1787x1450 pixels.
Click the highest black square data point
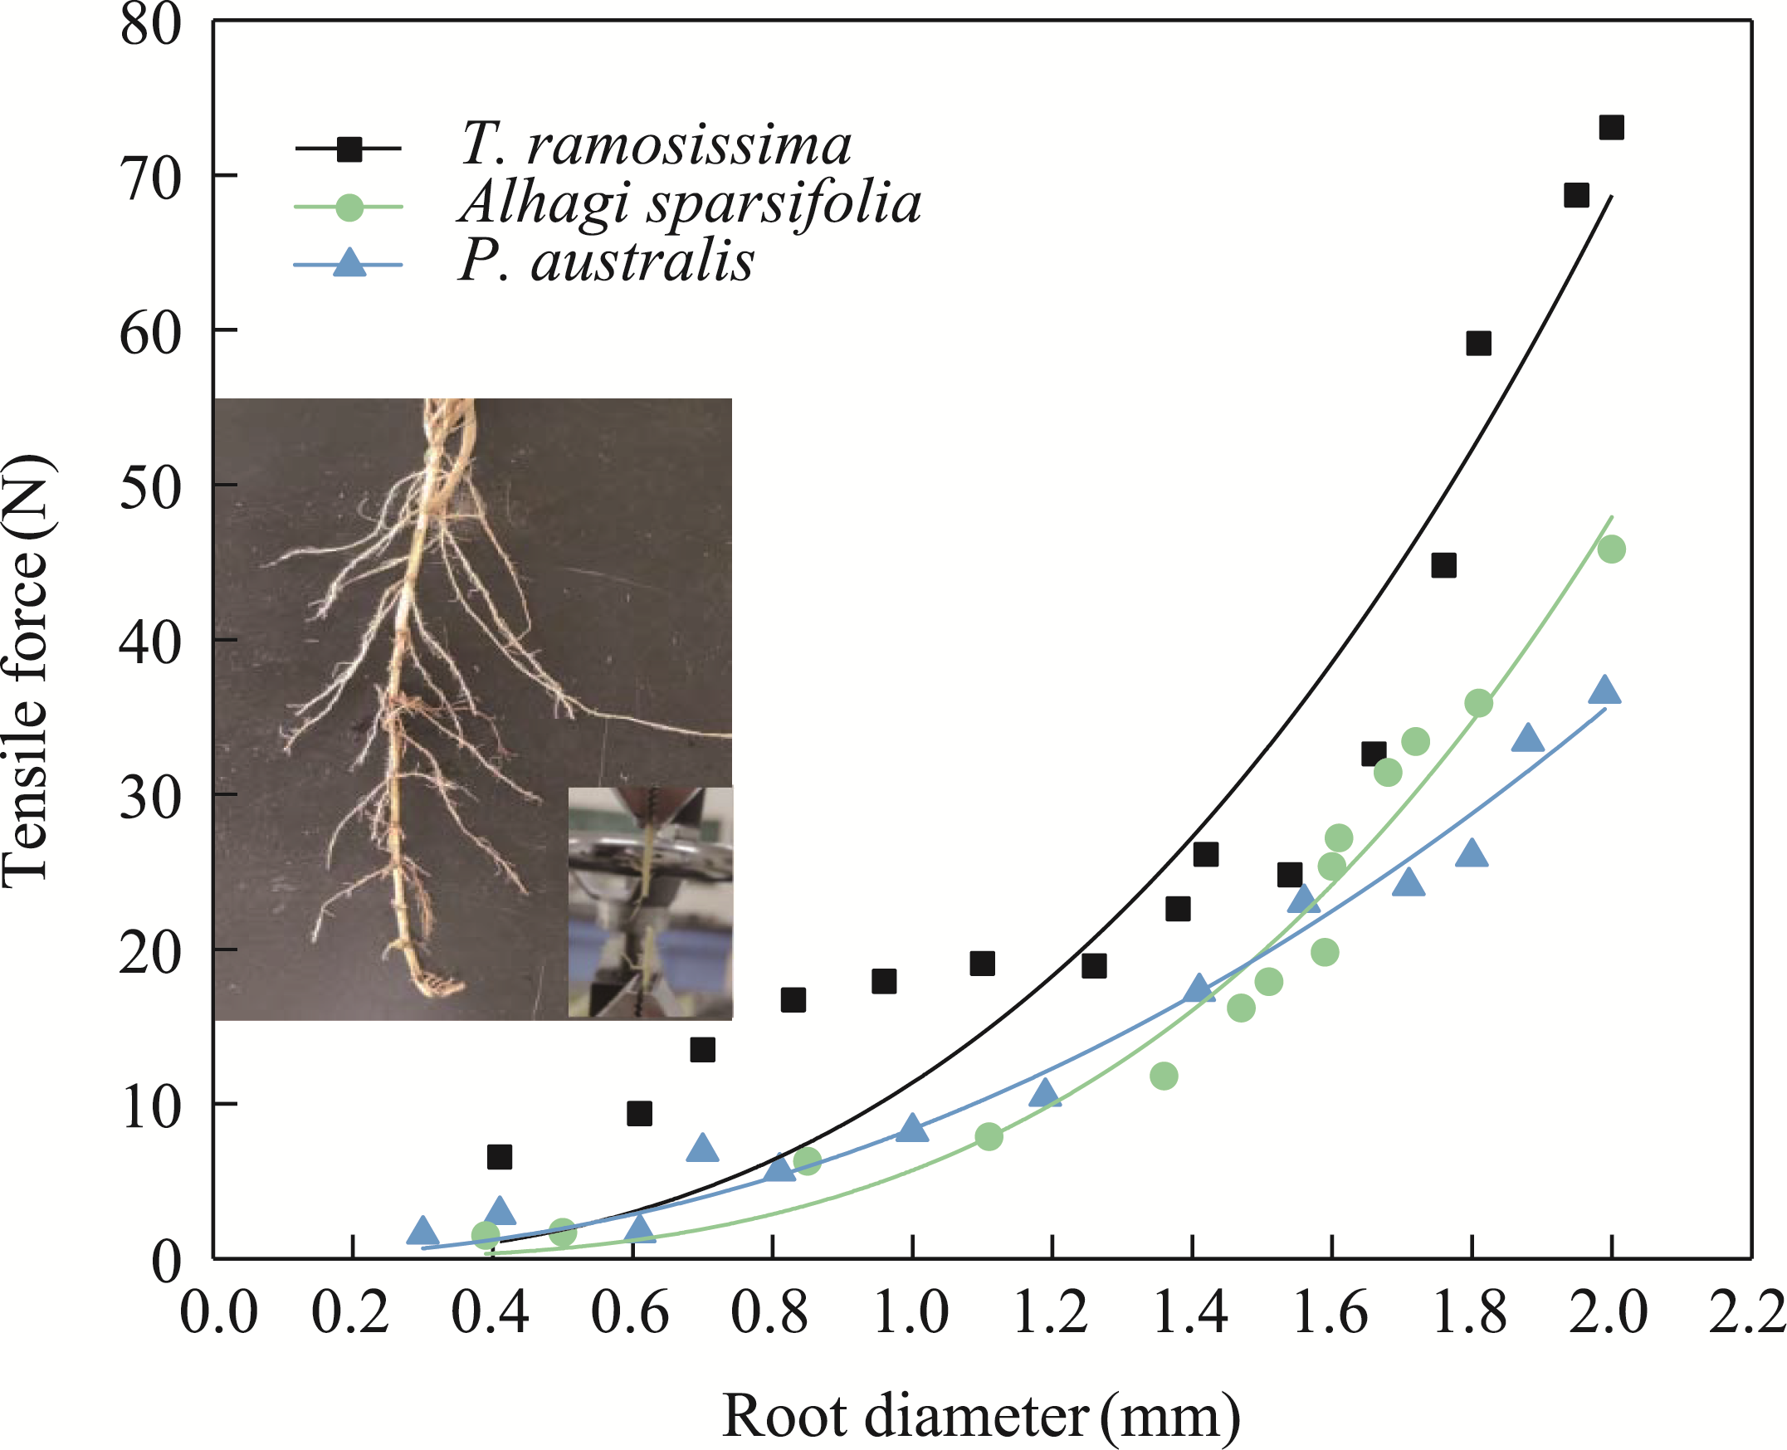[1611, 128]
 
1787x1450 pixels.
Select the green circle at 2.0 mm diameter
[1611, 549]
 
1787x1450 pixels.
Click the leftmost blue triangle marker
[422, 1231]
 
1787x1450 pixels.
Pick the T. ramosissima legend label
[656, 144]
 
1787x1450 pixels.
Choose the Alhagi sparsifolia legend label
[690, 203]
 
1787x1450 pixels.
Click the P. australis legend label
[606, 261]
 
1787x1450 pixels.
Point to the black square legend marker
[349, 149]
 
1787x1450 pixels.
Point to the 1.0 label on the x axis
[911, 1313]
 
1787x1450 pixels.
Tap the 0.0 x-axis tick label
[219, 1313]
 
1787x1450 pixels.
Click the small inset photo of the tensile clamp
[650, 902]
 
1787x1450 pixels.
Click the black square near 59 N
[1478, 344]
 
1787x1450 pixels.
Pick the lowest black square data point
[500, 1157]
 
